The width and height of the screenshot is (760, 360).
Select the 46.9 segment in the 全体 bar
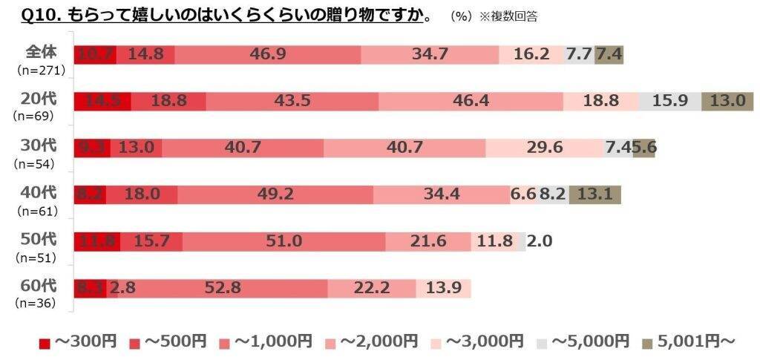tap(268, 54)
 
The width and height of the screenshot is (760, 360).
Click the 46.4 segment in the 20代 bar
tap(471, 102)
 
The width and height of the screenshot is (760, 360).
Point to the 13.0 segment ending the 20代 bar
tap(728, 102)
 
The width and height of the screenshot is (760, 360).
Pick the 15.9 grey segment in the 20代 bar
tap(669, 102)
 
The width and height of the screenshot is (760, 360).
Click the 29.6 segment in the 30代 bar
tap(544, 148)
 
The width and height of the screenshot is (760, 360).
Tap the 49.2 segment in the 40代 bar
tap(275, 194)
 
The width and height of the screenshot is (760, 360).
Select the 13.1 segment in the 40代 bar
tap(594, 194)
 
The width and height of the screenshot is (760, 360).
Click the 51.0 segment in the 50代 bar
tap(284, 241)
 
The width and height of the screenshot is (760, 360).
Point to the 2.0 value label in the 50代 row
tap(540, 241)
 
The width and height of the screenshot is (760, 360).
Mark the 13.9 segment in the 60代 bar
tap(443, 288)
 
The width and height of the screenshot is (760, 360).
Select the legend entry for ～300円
tap(77, 341)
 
